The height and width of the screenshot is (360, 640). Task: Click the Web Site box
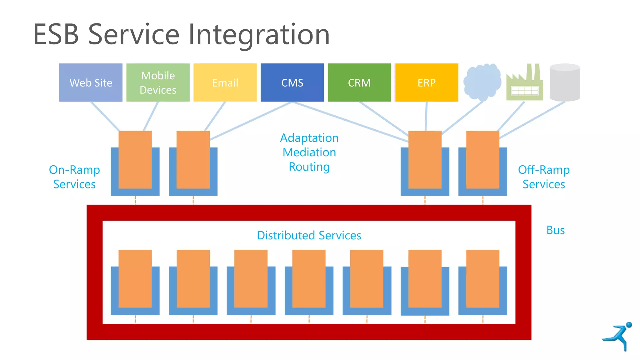(x=91, y=82)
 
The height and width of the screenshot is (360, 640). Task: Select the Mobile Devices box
(x=158, y=82)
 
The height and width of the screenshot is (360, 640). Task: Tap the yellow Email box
(x=225, y=82)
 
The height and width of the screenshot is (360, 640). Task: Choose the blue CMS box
(x=292, y=82)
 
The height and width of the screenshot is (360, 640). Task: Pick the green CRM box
(x=359, y=82)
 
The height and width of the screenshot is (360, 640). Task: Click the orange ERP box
(x=427, y=82)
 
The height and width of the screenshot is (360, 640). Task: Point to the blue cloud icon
(x=482, y=82)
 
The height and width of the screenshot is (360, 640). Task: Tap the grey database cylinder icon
(x=565, y=82)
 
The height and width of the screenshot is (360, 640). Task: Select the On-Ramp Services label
(x=74, y=177)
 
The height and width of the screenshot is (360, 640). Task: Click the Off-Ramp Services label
(x=544, y=177)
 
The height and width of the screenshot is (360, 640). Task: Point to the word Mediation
(x=309, y=152)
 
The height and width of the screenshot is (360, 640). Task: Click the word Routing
(x=309, y=167)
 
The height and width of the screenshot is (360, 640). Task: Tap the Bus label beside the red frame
(x=555, y=230)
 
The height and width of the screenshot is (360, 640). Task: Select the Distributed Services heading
(x=309, y=235)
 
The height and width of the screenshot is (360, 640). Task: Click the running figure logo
(x=618, y=337)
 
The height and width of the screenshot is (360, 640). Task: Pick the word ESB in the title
(x=56, y=35)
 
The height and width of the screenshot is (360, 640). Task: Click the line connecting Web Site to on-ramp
(x=105, y=116)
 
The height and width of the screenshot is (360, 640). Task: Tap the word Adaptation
(x=309, y=138)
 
